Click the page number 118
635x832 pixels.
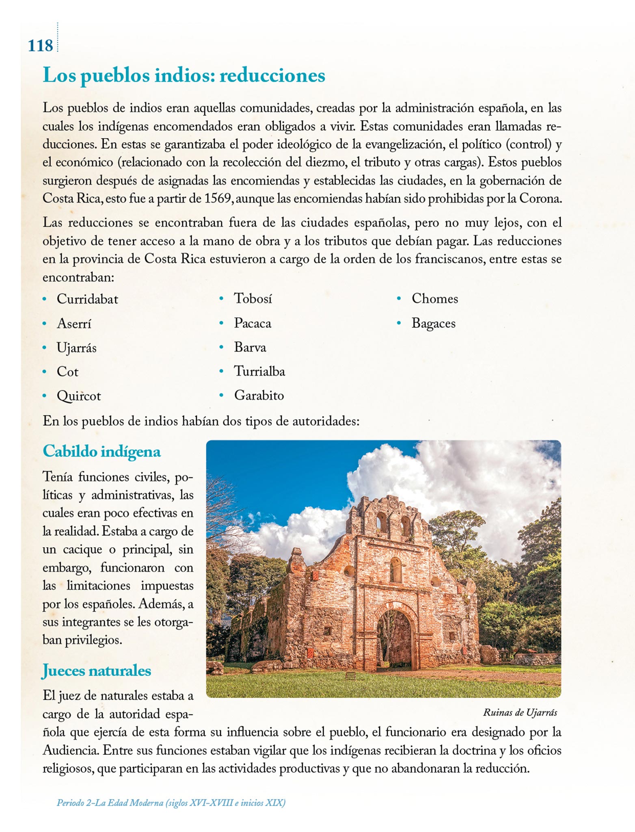coord(40,45)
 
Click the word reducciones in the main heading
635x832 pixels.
coord(272,75)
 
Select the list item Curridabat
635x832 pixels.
coord(87,299)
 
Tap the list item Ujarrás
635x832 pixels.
coord(76,348)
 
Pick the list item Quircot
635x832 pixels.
coord(79,396)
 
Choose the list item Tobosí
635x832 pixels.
coord(253,299)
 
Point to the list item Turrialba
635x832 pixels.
coord(259,371)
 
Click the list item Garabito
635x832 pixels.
coord(259,395)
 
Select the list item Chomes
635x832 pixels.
coord(434,299)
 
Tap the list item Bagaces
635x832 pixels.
coord(433,323)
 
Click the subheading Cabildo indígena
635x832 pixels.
coord(102,451)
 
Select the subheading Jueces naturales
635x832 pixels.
coord(97,670)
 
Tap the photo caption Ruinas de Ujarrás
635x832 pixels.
coord(520,712)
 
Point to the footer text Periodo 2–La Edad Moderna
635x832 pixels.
coord(171,803)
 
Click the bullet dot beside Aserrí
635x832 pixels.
coord(45,324)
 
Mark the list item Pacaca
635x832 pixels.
coord(252,323)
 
